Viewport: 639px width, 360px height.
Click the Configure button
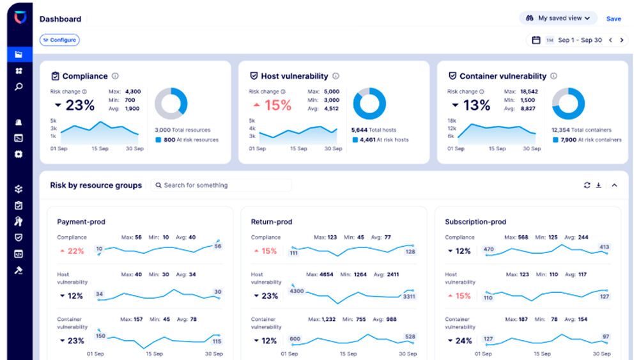pos(59,40)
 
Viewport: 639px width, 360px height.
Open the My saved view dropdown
pos(558,19)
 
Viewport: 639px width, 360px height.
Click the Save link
pos(613,19)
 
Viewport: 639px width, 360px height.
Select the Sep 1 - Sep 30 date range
pos(580,40)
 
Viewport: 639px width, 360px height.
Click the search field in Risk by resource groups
pos(221,185)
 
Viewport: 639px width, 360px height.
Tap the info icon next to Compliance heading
pos(115,76)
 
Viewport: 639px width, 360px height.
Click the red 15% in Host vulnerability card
pos(273,106)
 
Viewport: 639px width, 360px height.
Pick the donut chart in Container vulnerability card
pos(568,104)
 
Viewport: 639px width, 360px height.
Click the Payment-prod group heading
pos(81,222)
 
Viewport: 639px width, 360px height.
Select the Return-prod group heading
pos(272,222)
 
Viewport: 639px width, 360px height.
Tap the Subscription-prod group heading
pos(475,222)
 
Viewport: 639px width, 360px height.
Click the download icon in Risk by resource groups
pos(599,185)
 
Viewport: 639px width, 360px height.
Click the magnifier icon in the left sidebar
pos(19,87)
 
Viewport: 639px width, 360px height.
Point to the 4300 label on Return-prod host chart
pos(296,291)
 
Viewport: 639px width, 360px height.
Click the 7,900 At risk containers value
pos(569,139)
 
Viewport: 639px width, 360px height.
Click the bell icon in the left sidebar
pos(19,122)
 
